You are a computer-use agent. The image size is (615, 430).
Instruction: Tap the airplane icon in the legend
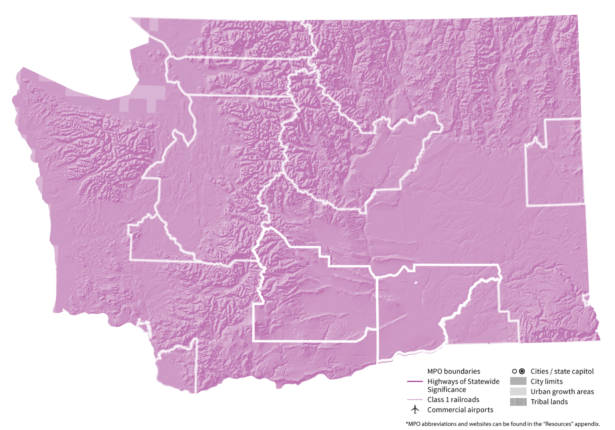(x=415, y=410)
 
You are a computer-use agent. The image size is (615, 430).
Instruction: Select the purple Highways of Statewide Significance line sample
(x=415, y=382)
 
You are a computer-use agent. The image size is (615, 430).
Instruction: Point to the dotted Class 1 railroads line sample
(x=415, y=400)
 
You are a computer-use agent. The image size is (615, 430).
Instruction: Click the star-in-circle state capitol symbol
(x=522, y=371)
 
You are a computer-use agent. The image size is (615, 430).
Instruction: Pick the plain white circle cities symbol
(x=514, y=371)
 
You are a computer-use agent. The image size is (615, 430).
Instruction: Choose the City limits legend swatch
(x=518, y=382)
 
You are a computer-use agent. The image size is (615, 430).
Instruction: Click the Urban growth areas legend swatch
(x=518, y=392)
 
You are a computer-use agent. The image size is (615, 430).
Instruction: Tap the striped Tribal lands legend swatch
(x=518, y=402)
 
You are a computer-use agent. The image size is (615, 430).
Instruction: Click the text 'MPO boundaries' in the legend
(x=454, y=371)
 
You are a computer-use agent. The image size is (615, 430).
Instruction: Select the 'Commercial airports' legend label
(x=460, y=410)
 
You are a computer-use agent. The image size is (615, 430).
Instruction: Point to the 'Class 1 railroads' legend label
(x=453, y=400)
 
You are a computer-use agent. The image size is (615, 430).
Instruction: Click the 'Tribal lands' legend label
(x=549, y=402)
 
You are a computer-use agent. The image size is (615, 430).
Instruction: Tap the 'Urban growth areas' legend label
(x=562, y=392)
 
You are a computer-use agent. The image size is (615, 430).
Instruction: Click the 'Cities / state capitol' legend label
(x=562, y=371)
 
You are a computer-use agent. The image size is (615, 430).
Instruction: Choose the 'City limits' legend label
(x=547, y=382)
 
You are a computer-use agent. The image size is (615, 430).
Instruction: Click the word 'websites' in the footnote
(x=475, y=424)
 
